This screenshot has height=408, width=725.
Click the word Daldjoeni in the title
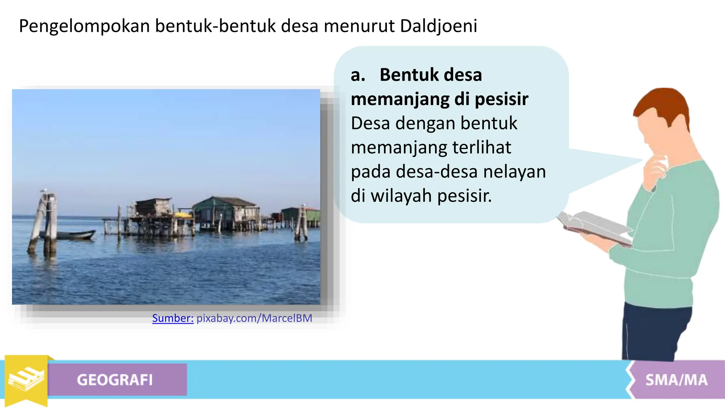pos(439,26)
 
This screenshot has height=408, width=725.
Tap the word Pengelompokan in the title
pos(84,26)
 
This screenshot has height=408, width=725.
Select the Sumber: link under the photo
pos(173,318)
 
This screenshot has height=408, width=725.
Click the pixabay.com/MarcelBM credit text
pos(254,318)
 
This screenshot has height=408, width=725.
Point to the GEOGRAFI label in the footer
pos(115,380)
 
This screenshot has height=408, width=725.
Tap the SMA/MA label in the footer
pos(676,380)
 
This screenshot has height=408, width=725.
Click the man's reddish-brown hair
pos(662,103)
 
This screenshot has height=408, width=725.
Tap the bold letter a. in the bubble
pos(358,75)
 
